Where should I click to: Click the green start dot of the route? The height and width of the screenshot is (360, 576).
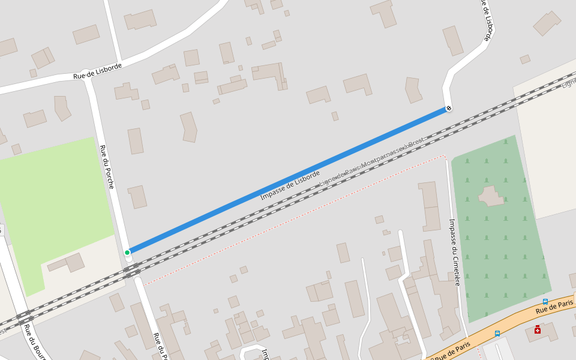point(127,253)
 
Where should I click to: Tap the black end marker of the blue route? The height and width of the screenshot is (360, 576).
point(449,108)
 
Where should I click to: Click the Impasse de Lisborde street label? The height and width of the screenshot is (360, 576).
point(290,185)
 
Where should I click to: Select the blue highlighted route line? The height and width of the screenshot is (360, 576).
point(288,180)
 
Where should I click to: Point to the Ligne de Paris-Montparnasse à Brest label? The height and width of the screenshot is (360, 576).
point(372,161)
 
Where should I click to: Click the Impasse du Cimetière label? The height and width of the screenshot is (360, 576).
point(454,252)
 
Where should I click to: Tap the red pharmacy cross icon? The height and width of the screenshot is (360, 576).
point(537,329)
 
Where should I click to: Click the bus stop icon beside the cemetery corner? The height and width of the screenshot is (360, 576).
point(545,301)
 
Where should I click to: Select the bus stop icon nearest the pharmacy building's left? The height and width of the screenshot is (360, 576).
point(497,333)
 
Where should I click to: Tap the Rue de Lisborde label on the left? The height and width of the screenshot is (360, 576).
point(98,71)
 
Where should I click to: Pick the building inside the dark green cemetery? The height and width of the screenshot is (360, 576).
point(491,196)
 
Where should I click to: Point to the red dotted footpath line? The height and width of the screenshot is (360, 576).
point(294,220)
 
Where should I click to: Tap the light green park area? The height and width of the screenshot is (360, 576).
point(54,198)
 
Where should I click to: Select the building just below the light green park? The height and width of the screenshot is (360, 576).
point(67,263)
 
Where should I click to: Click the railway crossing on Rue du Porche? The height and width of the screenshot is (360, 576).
point(133,272)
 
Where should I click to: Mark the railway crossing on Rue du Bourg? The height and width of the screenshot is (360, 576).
point(24,318)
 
